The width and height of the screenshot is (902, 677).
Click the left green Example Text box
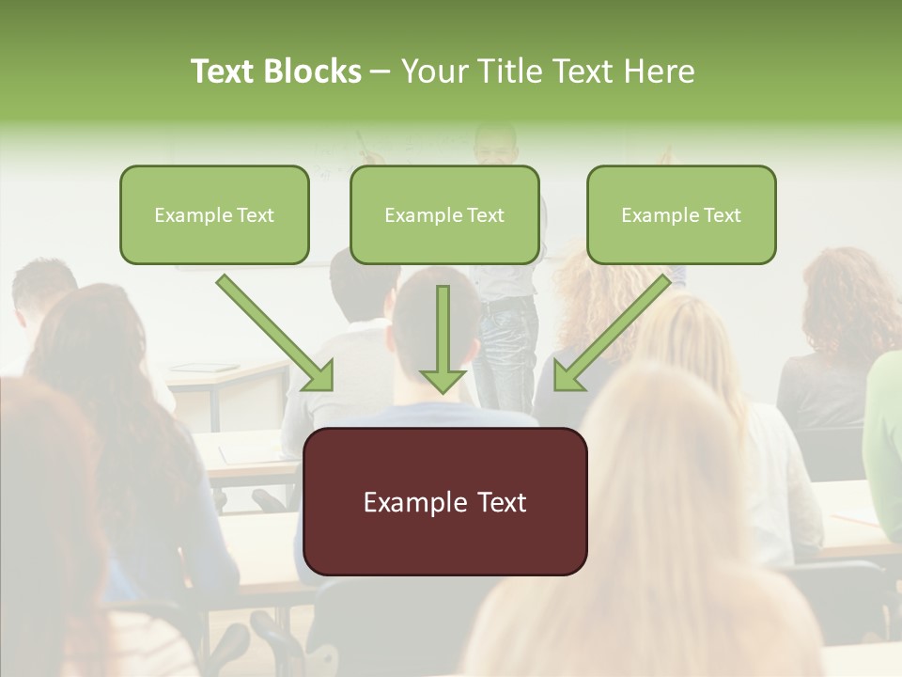[214, 214]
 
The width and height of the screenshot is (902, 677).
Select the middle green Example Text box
[444, 214]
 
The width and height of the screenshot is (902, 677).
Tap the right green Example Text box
[681, 214]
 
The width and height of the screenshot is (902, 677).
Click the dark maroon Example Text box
[444, 501]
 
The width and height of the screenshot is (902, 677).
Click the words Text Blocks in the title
[275, 71]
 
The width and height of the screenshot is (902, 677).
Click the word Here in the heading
[660, 71]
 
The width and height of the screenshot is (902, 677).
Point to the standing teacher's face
[493, 146]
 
